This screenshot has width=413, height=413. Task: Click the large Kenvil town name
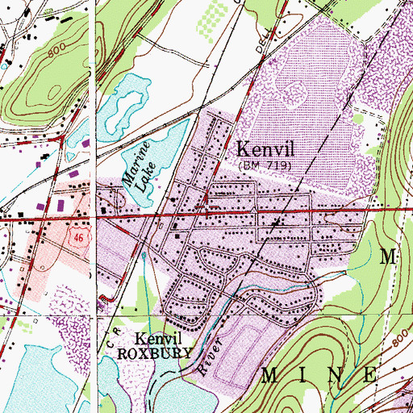click(265, 150)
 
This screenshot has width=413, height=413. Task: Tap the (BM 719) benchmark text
click(265, 165)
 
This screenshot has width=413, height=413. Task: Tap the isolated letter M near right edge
click(390, 258)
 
